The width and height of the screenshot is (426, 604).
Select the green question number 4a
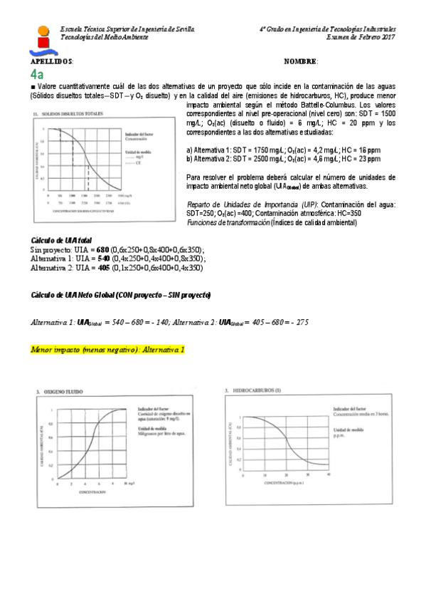[37, 74]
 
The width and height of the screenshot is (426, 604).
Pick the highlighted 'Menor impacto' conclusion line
[107, 350]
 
